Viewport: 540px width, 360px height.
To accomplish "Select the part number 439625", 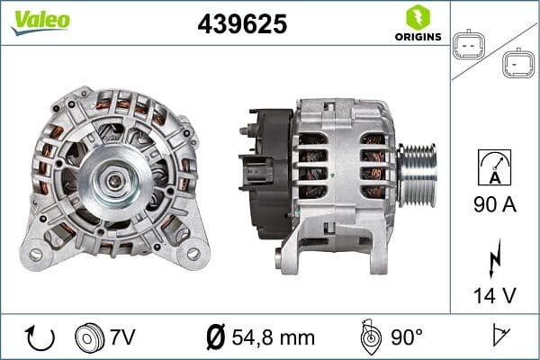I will point(242,23).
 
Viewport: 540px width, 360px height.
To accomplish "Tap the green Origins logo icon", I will point(417,16).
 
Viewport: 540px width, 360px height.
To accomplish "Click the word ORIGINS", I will point(418,37).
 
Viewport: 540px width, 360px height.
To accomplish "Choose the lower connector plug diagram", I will point(518,62).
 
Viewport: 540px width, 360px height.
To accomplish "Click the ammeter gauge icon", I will point(495,168).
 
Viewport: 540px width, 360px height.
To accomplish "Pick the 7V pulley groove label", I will point(123,338).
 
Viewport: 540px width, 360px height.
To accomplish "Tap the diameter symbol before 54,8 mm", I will point(215,338).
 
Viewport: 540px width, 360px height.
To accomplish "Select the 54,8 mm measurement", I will point(273,338).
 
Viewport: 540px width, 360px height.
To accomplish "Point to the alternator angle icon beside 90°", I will point(368,337).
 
